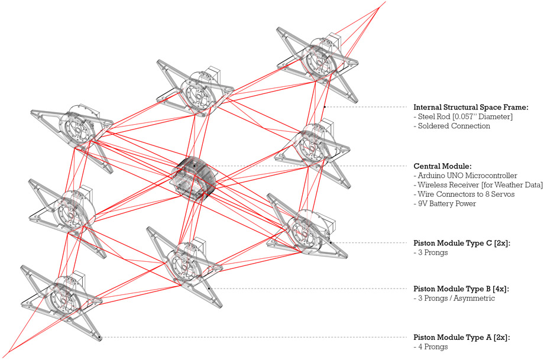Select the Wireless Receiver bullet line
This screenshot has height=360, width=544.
pyautogui.click(x=477, y=185)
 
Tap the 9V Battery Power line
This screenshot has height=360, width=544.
pyautogui.click(x=448, y=204)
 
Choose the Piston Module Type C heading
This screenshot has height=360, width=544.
pyautogui.click(x=460, y=243)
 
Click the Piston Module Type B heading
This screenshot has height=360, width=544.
pyautogui.click(x=460, y=289)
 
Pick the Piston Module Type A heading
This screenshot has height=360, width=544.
pyautogui.click(x=460, y=337)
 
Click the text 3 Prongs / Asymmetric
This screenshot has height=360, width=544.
pyautogui.click(x=454, y=299)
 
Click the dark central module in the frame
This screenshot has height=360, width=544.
pyautogui.click(x=193, y=176)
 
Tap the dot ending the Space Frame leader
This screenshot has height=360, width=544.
pyautogui.click(x=325, y=107)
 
